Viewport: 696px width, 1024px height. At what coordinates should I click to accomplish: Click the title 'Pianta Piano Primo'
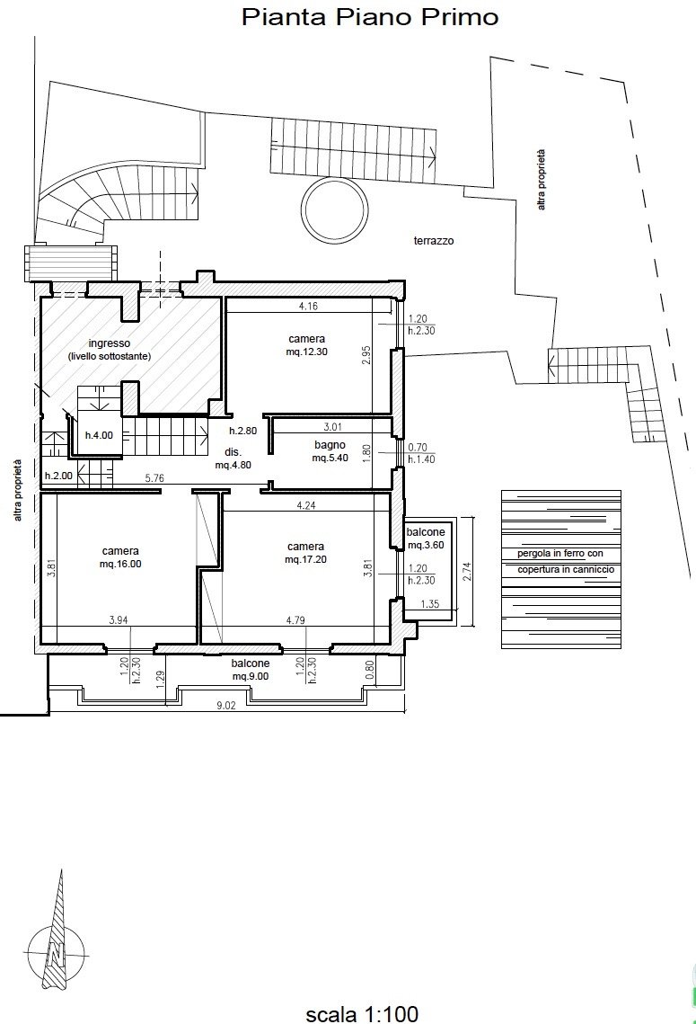(370, 17)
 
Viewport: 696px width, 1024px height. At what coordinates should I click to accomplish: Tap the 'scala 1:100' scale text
(362, 1013)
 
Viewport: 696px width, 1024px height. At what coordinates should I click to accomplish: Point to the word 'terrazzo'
(434, 240)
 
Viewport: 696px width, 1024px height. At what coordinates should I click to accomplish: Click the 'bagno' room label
(330, 445)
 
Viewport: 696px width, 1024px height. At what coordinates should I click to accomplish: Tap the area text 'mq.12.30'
(306, 352)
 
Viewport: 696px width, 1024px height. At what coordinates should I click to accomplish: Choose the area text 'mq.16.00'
(120, 564)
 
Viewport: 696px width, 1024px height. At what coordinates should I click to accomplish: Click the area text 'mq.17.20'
(306, 559)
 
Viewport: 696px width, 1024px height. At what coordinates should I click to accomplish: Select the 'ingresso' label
(110, 343)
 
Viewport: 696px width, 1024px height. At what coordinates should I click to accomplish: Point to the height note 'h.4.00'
(99, 435)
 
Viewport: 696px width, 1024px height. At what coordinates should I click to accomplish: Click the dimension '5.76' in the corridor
(154, 478)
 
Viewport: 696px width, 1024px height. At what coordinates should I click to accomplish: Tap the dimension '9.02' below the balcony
(225, 706)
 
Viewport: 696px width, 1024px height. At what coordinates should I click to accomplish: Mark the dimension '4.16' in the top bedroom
(308, 306)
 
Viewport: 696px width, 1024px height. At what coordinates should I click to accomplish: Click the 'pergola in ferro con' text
(560, 553)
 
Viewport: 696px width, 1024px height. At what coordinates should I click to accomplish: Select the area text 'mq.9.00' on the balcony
(251, 677)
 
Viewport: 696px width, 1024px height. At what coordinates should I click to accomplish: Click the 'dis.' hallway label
(233, 452)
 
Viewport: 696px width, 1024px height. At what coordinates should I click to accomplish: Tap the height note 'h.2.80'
(242, 431)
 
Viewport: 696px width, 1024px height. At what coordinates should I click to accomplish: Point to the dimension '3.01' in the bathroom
(332, 427)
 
